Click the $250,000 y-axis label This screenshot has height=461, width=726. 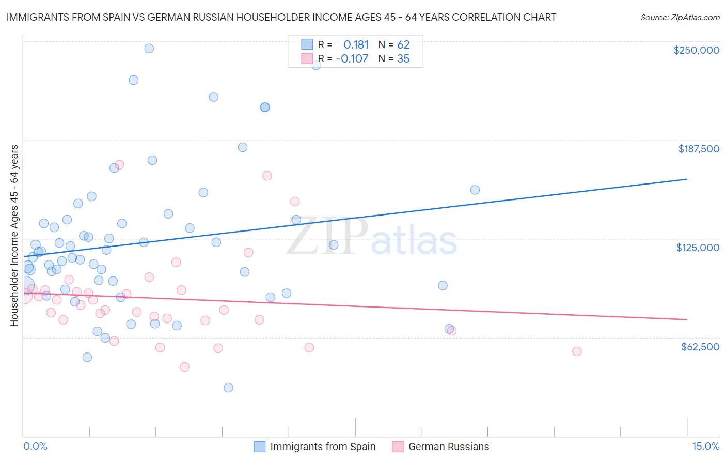(x=696, y=50)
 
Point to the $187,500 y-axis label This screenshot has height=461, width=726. (x=698, y=149)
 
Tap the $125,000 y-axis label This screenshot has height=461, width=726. (x=698, y=248)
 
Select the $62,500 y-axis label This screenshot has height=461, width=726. (x=700, y=347)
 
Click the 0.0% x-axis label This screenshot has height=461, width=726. (x=35, y=446)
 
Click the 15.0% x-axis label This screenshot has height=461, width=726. (x=705, y=446)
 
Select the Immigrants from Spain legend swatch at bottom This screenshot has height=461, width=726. (x=260, y=447)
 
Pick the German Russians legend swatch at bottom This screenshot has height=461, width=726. (x=398, y=447)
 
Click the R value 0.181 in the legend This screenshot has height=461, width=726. (x=356, y=45)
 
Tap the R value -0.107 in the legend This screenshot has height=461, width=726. (x=352, y=59)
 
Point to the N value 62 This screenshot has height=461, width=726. (x=403, y=45)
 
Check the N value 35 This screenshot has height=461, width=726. (x=403, y=59)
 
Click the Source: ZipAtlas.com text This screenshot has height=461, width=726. (x=680, y=17)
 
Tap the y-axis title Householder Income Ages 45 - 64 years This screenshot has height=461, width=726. (x=14, y=236)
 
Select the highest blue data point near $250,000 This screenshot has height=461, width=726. (x=149, y=49)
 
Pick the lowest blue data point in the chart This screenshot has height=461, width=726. (x=228, y=388)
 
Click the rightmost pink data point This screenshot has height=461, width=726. (x=577, y=351)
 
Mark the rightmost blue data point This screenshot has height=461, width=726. (x=475, y=190)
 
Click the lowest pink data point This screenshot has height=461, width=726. (x=184, y=367)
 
